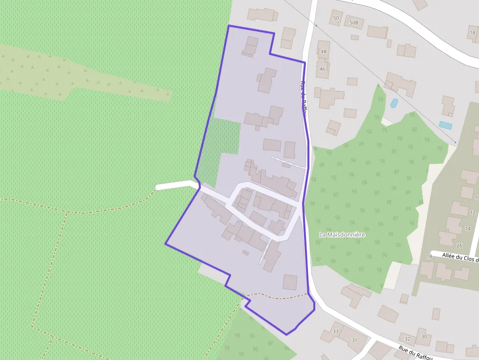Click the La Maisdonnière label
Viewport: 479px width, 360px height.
coord(342,235)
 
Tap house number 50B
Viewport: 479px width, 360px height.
coord(354,22)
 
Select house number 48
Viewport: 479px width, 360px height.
coord(324,51)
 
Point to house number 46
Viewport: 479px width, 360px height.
coord(322,69)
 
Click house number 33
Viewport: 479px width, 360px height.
coord(335,332)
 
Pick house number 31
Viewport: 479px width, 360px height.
coord(354,340)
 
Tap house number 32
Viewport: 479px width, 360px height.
coord(407,338)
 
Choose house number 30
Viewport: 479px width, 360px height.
coord(424,337)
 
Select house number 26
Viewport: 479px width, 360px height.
coord(459,246)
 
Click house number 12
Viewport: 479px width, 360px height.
coord(472,213)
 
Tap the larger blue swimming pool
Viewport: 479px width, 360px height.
coord(445,125)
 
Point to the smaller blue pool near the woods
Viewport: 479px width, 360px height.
coord(394,103)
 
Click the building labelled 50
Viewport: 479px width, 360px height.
coord(336,18)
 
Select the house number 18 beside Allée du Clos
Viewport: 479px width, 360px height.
coord(429,256)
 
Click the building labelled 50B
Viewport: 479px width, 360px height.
coord(354,22)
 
